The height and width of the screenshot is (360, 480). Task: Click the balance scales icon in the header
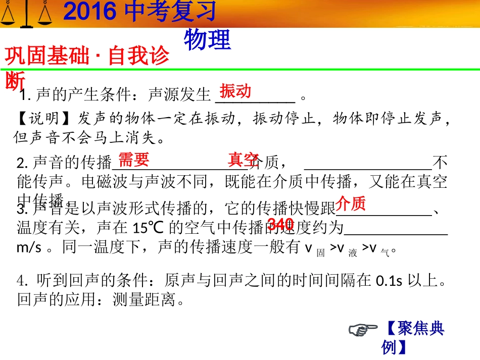coord(26,13)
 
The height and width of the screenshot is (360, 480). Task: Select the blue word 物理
coord(207,40)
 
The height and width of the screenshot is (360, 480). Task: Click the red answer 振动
coord(235,91)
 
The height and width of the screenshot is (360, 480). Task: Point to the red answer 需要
coord(134,160)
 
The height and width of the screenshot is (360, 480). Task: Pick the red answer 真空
coord(244,160)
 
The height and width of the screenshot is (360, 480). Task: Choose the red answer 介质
coord(351,203)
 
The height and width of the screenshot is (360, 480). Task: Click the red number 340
coord(280,224)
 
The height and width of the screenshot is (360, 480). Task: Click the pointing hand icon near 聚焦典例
coord(363,330)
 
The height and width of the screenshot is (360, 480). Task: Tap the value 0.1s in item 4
coord(390,281)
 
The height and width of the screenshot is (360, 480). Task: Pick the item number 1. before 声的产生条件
coord(26,94)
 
